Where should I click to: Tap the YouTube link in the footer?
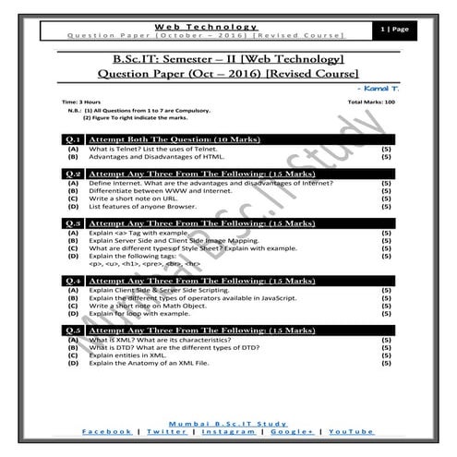click(x=352, y=432)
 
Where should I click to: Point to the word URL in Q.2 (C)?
click(x=148, y=198)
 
